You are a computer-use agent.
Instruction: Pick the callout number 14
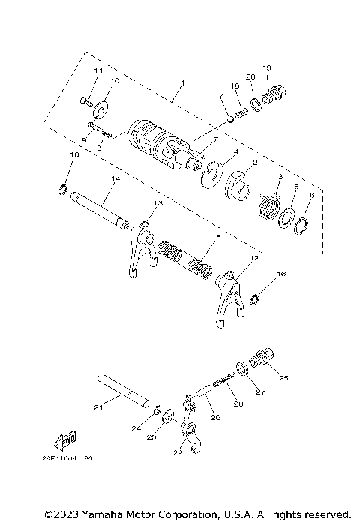point(115,178)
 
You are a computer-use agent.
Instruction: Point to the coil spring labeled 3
point(269,204)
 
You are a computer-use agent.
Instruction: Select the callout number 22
point(178,453)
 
